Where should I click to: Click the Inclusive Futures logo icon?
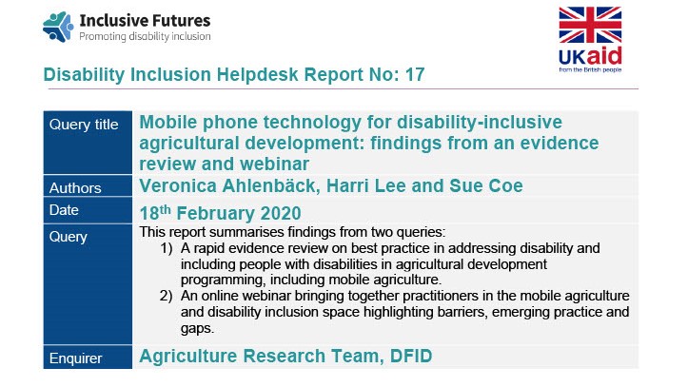(59, 27)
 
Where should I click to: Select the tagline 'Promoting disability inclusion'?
(145, 37)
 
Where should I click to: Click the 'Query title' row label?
(87, 125)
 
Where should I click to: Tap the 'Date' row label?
(67, 209)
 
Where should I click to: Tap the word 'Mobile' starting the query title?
(172, 122)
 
